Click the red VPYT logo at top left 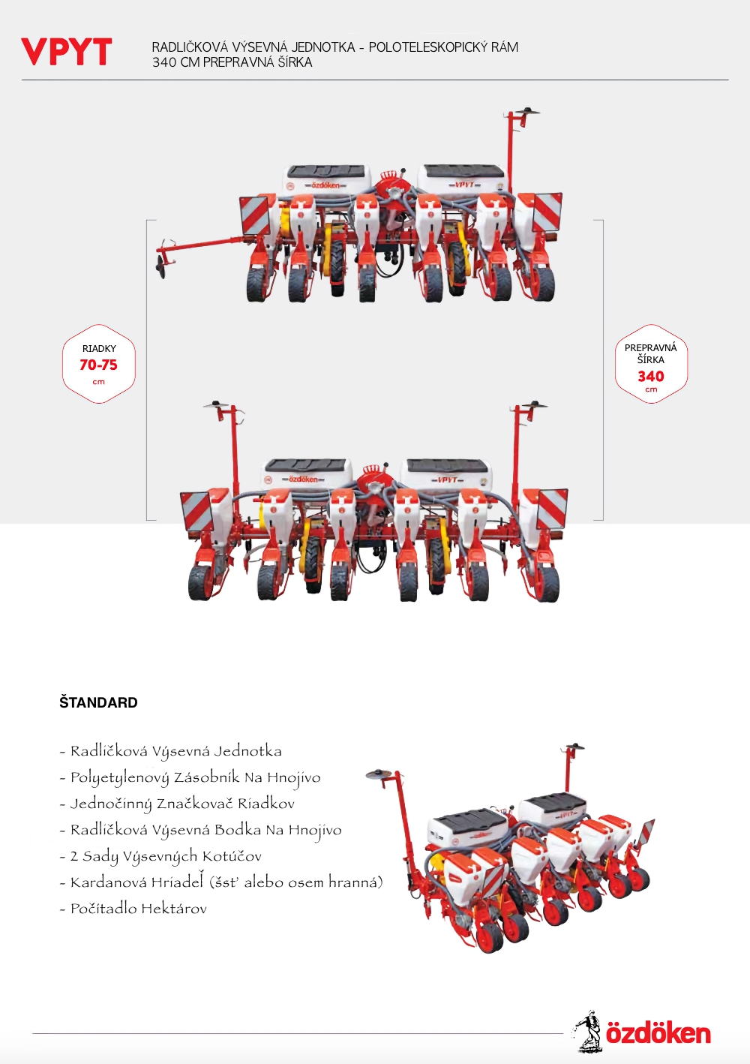point(67,53)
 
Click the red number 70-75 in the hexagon point(99,365)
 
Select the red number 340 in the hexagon point(651,376)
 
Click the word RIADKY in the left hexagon point(99,349)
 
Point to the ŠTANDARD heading point(98,702)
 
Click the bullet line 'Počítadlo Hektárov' point(133,909)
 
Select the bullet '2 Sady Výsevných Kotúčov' point(160,856)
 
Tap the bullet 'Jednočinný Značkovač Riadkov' point(177,804)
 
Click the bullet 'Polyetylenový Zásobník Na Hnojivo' point(190,777)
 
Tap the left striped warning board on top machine point(256,215)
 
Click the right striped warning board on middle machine point(552,509)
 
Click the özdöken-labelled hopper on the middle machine point(307,474)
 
